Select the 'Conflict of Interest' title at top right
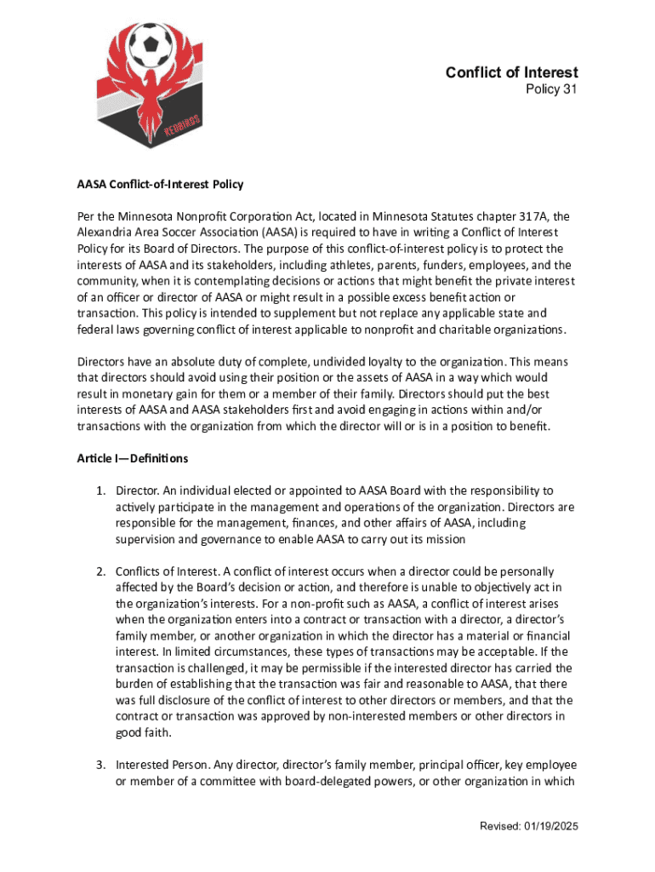[511, 72]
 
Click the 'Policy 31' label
[550, 89]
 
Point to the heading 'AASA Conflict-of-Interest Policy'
[161, 183]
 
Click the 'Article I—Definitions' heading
[132, 458]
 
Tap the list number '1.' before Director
[100, 490]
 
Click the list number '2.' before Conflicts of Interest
[100, 571]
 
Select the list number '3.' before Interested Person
[100, 764]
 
